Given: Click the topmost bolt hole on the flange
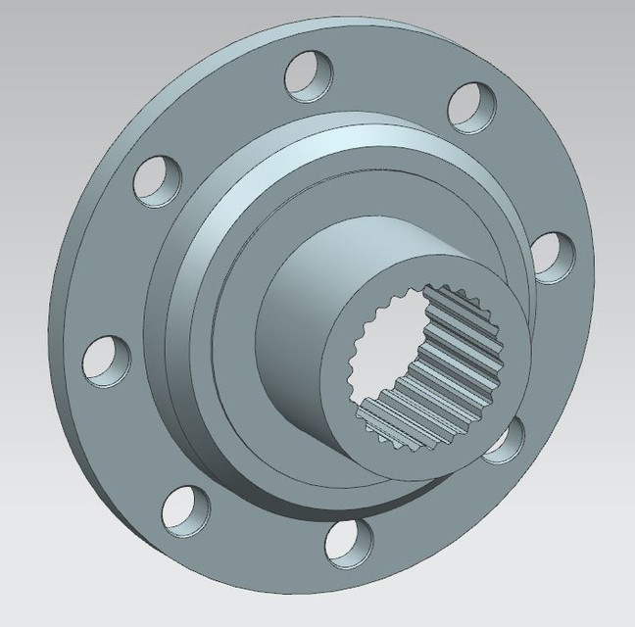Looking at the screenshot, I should click(306, 74).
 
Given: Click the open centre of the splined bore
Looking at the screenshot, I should click(392, 343).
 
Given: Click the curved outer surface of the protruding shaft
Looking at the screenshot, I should click(294, 323).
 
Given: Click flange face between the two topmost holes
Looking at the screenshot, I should click(387, 73).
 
